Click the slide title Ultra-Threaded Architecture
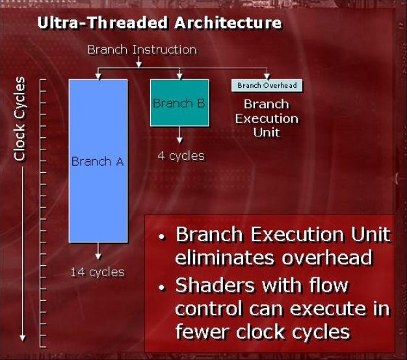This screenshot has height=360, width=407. (x=159, y=23)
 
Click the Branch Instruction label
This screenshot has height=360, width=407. (x=142, y=49)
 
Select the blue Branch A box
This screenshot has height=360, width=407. (x=98, y=161)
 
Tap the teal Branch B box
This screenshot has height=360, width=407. (x=179, y=103)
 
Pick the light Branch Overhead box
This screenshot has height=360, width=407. (x=267, y=85)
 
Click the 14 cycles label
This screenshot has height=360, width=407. (x=98, y=272)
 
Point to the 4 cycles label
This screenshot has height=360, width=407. (x=181, y=156)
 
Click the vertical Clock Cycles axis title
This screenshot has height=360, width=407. (x=20, y=118)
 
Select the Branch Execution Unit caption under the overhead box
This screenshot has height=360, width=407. (x=267, y=118)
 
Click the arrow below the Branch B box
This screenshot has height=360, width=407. (x=179, y=135)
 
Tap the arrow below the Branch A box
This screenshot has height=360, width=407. (x=98, y=251)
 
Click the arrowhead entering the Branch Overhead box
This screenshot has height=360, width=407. (x=267, y=77)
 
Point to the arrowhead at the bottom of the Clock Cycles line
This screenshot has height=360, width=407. (x=23, y=338)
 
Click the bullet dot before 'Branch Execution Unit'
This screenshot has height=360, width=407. (x=163, y=237)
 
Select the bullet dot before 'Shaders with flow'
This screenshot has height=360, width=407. (x=163, y=287)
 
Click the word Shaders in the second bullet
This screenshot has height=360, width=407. (x=215, y=285)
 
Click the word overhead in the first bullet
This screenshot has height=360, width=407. (x=327, y=258)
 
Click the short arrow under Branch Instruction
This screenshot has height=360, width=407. (x=139, y=62)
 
